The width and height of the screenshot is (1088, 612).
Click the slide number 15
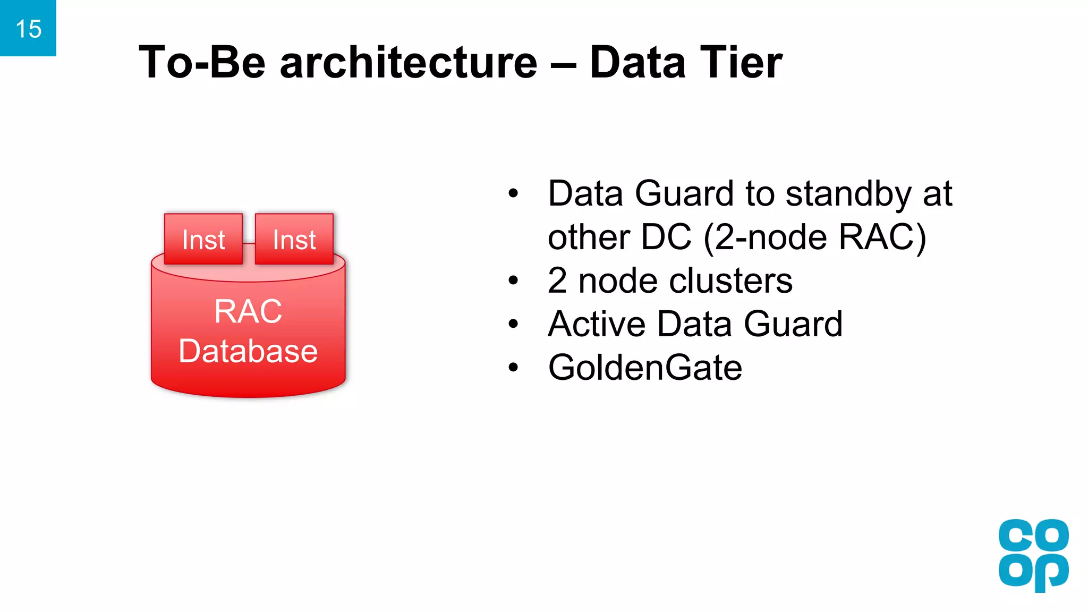[x=28, y=29]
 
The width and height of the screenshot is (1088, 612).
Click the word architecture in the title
[x=409, y=62]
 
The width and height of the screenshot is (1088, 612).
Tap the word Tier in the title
[x=741, y=62]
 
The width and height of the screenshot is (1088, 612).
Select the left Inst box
[x=203, y=239]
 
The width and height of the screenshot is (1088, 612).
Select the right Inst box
[x=294, y=239]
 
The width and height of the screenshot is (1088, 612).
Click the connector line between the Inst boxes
[x=249, y=243]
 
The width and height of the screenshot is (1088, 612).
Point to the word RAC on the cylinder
[x=248, y=311]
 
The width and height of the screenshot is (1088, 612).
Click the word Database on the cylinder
[x=248, y=351]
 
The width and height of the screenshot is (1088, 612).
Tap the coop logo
[x=1033, y=555]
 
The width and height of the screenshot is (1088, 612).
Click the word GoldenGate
[x=645, y=368]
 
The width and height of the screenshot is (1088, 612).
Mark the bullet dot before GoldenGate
[x=513, y=367]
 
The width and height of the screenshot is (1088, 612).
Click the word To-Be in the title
[x=202, y=62]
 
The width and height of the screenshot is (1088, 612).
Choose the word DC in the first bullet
[x=666, y=237]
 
